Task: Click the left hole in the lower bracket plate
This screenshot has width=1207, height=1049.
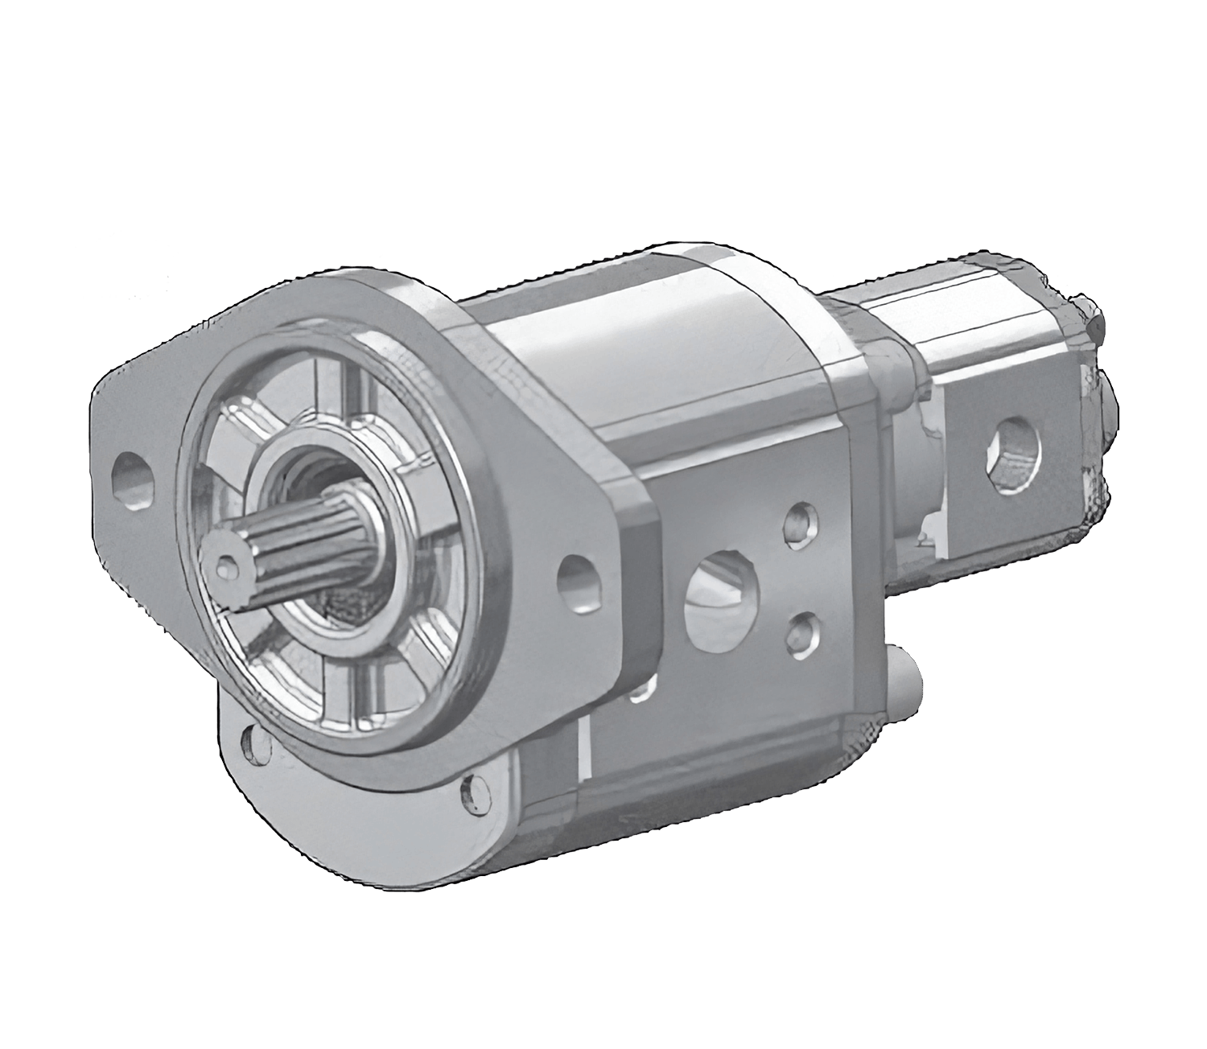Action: coord(258,743)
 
